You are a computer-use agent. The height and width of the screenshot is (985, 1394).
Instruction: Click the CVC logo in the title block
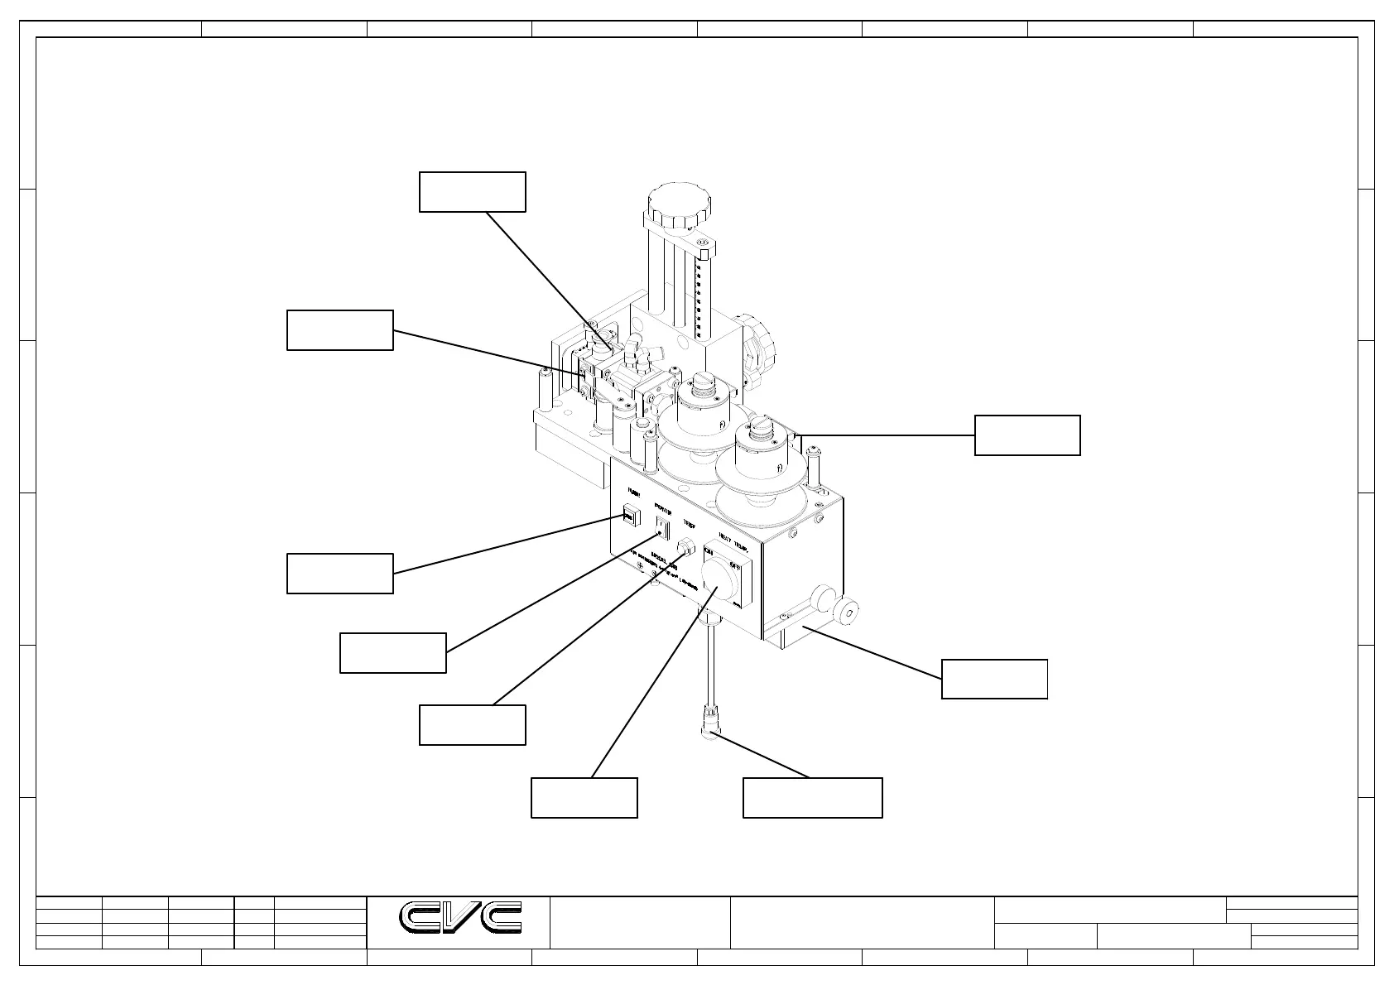pos(461,917)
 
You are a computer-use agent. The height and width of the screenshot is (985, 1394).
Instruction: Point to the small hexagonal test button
pos(686,548)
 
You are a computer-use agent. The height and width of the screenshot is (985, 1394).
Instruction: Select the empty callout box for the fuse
pos(339,574)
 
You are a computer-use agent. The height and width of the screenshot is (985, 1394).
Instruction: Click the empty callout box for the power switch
pos(392,653)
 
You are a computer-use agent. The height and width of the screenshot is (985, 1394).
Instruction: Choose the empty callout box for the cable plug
pos(812,798)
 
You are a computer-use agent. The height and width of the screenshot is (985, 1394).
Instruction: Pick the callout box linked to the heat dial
pos(584,798)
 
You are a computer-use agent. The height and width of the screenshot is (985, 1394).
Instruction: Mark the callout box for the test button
pos(472,725)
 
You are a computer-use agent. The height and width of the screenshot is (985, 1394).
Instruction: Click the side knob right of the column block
pos(757,348)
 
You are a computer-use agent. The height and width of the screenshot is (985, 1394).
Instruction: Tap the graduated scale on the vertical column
pos(700,298)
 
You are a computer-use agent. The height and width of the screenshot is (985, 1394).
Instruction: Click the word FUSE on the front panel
pos(634,492)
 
